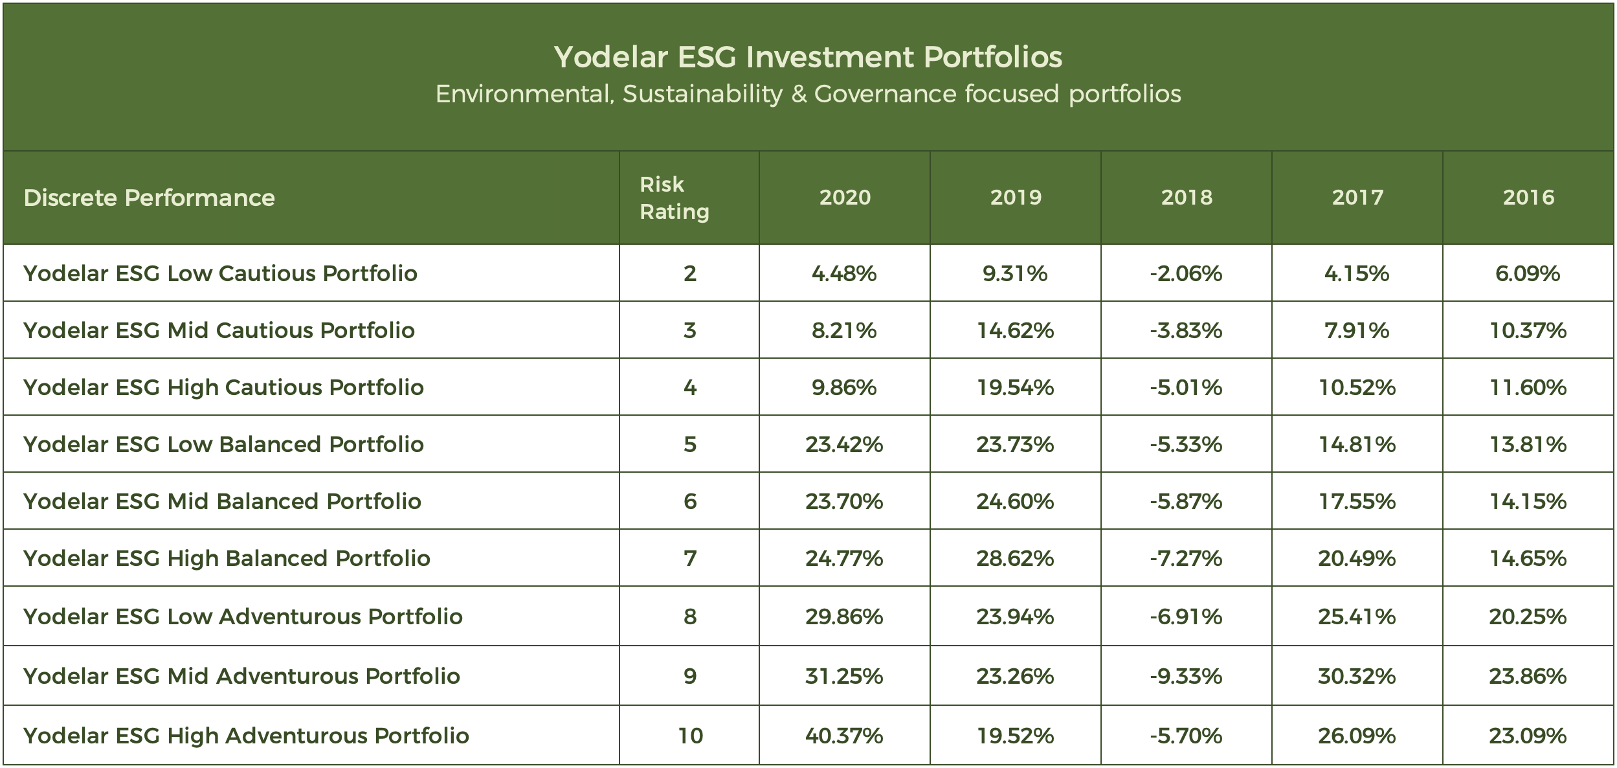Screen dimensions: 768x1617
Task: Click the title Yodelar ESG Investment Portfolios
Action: pos(808,57)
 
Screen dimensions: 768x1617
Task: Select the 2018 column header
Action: pos(1187,198)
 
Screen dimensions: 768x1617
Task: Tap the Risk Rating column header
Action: pos(675,198)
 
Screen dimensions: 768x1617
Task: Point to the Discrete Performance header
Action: pos(149,198)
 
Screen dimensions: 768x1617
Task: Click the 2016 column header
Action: pos(1528,198)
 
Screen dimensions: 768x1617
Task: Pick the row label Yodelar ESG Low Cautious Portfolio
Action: pos(220,273)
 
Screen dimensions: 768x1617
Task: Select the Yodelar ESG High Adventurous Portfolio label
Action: pos(246,736)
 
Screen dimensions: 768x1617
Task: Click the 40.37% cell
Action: pos(844,736)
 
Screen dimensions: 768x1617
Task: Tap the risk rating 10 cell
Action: pos(690,736)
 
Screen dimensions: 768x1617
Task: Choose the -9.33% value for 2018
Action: pos(1186,676)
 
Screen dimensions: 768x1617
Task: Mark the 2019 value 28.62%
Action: pos(1015,558)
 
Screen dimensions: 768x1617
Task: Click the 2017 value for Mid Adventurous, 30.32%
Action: pos(1357,676)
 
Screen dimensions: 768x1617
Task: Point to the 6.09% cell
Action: pos(1528,273)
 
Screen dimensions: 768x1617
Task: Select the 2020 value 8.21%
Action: pos(844,330)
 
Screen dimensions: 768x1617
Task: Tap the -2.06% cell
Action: pos(1186,273)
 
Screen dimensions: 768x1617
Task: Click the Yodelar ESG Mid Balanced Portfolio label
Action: pos(222,501)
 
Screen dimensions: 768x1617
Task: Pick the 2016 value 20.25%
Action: pos(1528,616)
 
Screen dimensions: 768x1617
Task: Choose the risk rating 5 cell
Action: pos(690,444)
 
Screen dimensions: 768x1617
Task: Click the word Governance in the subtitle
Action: pos(884,95)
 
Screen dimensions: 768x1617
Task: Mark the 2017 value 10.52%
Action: pos(1357,387)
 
